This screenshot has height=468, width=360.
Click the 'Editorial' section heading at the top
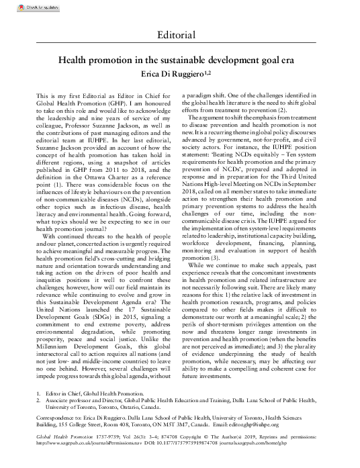(180, 34)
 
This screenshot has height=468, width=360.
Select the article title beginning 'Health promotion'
(180, 60)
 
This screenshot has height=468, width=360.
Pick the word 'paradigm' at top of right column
(204, 97)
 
